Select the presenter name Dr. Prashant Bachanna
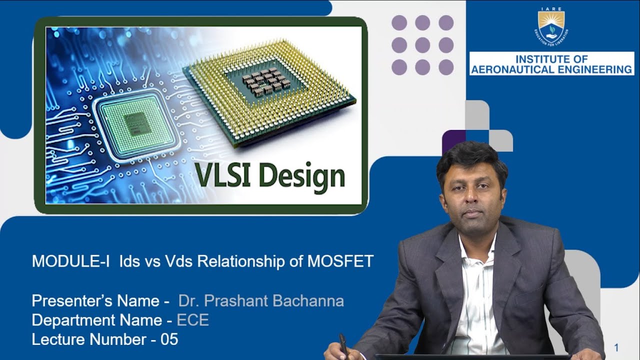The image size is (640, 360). (x=261, y=301)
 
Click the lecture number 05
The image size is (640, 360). (x=169, y=339)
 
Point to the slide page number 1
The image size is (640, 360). (x=616, y=347)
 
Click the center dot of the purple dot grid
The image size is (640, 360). (x=422, y=45)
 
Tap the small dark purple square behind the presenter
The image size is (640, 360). (x=453, y=140)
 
